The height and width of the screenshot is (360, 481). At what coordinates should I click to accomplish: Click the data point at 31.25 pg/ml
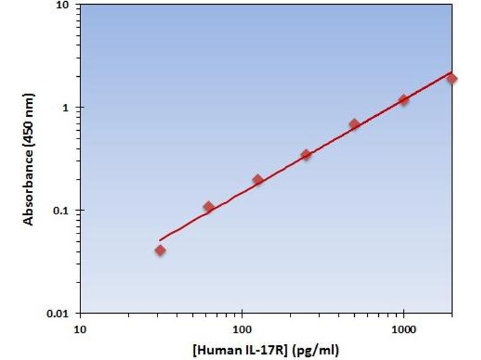tap(160, 250)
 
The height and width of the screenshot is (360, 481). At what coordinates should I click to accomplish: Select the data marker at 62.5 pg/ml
tap(209, 207)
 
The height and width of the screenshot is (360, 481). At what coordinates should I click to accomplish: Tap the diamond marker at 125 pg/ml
tap(257, 180)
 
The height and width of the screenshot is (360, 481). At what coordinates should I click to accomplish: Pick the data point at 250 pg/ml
tap(306, 155)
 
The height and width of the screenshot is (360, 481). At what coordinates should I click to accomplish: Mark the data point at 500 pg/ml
tap(354, 124)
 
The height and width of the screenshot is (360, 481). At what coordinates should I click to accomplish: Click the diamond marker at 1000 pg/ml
tap(403, 100)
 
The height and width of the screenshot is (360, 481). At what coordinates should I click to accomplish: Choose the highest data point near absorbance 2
tap(452, 79)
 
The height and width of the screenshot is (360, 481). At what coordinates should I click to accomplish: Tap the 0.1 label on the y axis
tap(62, 211)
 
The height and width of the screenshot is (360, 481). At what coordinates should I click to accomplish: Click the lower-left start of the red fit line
tap(160, 240)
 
